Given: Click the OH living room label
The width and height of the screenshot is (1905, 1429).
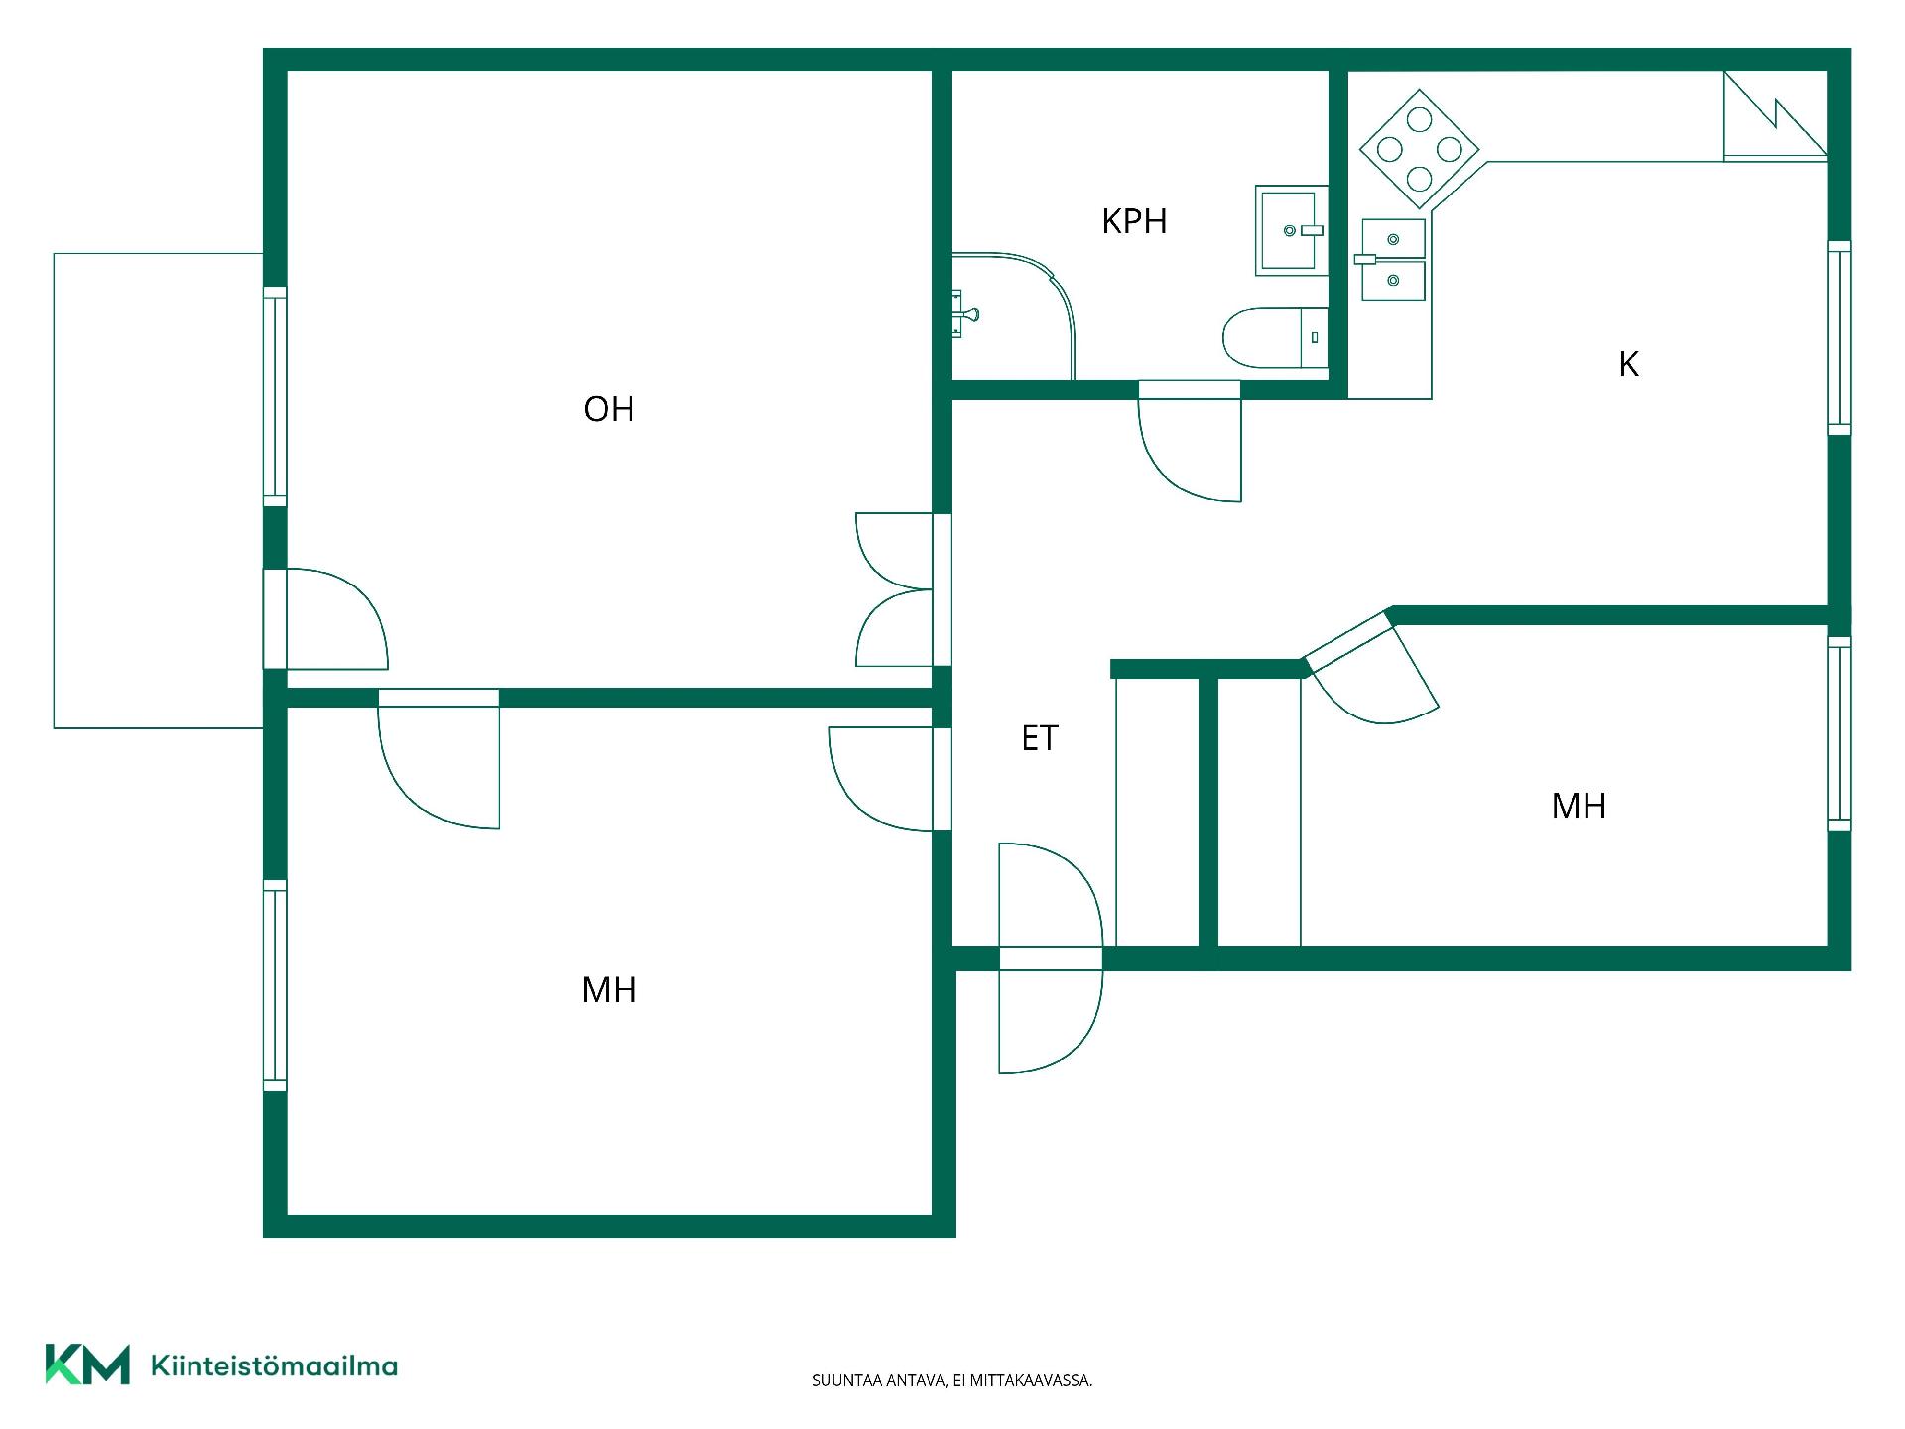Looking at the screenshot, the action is point(608,409).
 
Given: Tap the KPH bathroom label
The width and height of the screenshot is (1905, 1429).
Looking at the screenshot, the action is point(1134,221).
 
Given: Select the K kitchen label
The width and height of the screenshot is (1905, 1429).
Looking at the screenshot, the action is point(1628,364).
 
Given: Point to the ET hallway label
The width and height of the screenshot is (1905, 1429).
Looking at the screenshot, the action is point(1040,738).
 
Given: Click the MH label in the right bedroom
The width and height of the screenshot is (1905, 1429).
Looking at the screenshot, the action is point(1579,806).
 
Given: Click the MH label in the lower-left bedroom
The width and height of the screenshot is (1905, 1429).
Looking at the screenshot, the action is point(609,990).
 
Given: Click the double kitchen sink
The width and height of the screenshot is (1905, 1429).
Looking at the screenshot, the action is point(1391,260).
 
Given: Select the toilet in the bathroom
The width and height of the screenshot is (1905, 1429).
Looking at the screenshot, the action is point(1275,338).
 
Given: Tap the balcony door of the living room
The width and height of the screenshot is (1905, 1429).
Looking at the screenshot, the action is point(325,619).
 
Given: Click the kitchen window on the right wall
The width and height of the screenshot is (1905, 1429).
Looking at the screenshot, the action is point(1840,337).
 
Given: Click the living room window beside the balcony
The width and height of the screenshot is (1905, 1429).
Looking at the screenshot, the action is point(275,397).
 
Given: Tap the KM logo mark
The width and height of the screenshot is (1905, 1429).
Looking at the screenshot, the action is point(87,1364).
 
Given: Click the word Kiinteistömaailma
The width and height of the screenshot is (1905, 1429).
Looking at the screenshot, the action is point(274,1365).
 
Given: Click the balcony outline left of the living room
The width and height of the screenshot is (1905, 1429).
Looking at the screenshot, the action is point(54,491).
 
